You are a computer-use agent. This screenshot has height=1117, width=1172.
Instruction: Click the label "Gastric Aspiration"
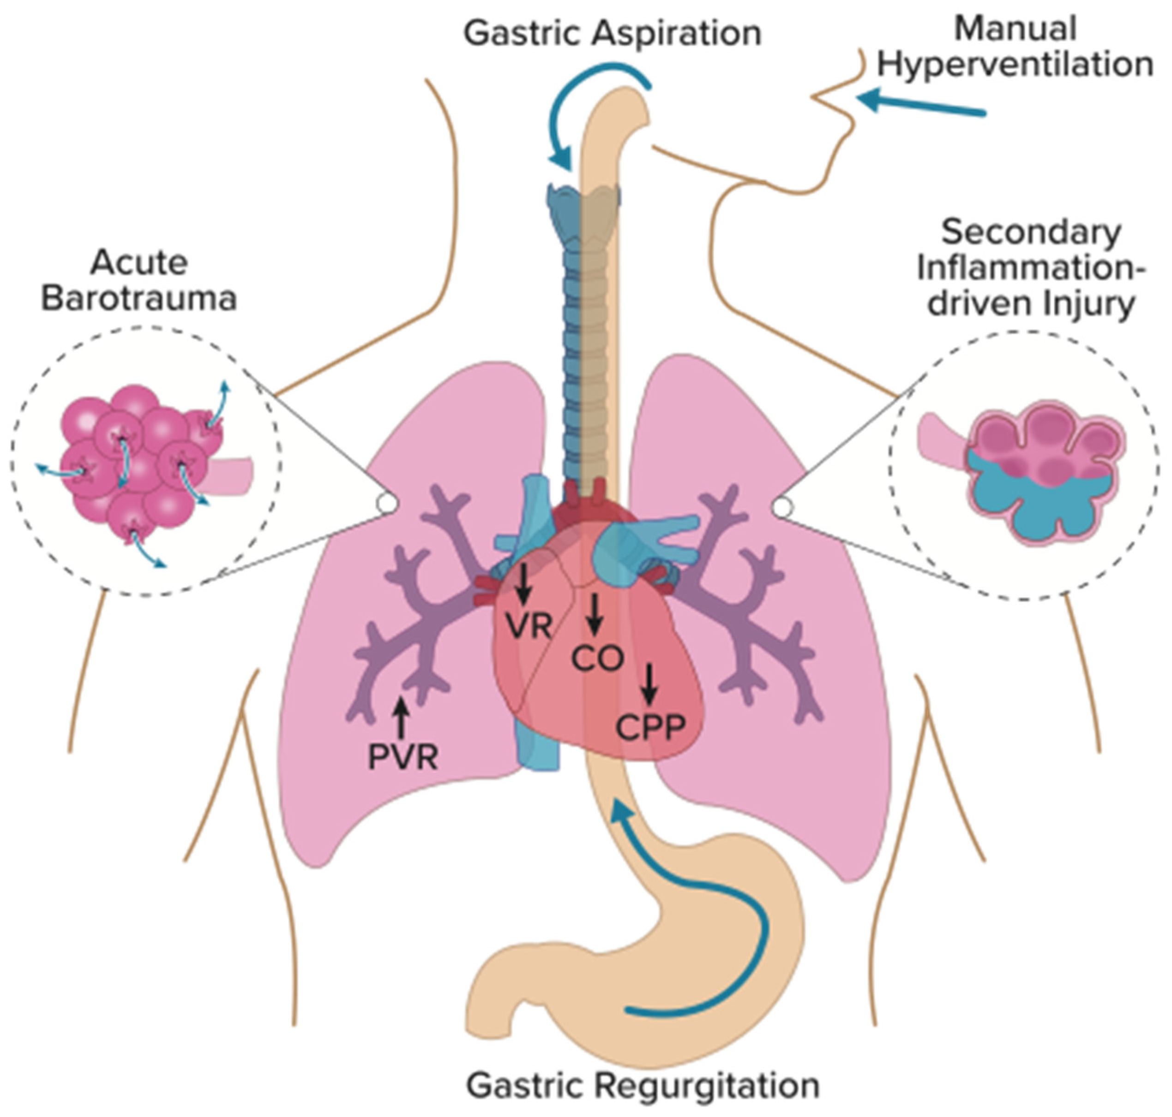tap(612, 34)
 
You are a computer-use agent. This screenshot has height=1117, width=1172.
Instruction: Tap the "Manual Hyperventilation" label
tap(1015, 47)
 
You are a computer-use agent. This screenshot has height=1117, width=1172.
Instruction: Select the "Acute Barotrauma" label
tap(139, 280)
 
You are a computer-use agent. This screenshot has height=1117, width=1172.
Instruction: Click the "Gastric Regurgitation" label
tap(642, 1086)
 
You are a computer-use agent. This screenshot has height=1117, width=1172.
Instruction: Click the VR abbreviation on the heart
tap(529, 626)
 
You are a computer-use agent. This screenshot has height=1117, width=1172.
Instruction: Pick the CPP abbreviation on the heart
tap(651, 727)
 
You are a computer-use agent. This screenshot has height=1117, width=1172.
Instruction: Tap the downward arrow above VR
tap(524, 583)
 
